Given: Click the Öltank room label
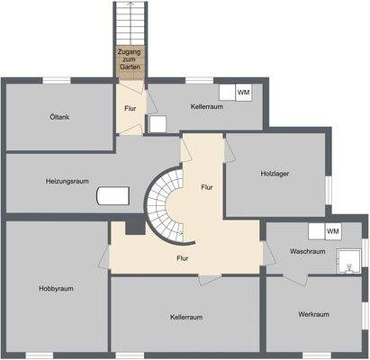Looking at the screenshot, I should (60, 117).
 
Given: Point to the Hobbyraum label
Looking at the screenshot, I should (55, 288).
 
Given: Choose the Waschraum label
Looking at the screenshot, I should (307, 251).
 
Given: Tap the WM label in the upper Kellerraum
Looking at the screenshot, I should (243, 93).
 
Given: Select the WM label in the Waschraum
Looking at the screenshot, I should (333, 231).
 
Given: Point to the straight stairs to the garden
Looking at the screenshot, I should (129, 22).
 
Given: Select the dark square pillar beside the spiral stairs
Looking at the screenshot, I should (134, 228).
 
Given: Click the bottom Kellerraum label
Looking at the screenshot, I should (185, 317).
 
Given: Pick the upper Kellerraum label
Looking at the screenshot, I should (206, 106).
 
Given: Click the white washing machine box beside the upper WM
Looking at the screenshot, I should (227, 93).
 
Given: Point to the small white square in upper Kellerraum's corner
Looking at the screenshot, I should (157, 124).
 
